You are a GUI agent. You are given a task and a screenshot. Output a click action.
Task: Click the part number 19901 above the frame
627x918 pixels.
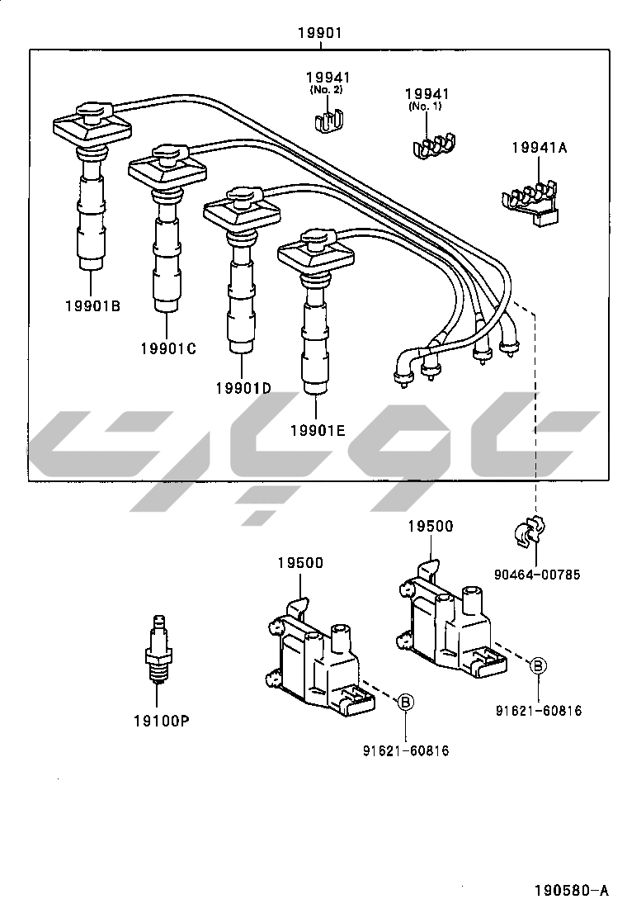pos(319,33)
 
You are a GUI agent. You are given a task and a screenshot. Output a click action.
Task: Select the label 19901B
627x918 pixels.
pos(92,306)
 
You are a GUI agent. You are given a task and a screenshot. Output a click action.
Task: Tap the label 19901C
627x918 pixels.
pos(167,348)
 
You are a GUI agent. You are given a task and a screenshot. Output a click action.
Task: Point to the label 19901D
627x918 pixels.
pos(243,388)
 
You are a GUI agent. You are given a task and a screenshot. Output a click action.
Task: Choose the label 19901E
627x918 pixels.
pos(318,430)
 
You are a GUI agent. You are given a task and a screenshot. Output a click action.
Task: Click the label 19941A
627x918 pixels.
pos(539,148)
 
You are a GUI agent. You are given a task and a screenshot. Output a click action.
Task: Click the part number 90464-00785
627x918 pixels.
pos(536,575)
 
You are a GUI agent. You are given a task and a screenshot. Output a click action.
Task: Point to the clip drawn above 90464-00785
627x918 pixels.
pos(530,531)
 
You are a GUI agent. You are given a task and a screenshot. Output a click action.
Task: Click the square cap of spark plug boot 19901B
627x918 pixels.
pos(92,125)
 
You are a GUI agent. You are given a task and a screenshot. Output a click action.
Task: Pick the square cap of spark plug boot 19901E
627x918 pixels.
pos(316,253)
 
